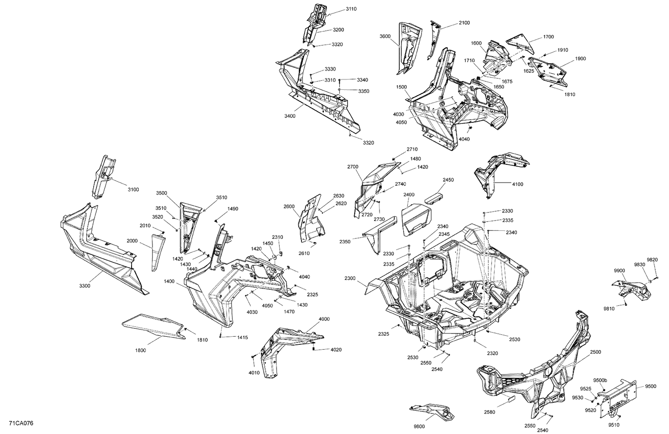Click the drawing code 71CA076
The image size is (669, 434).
(x=21, y=423)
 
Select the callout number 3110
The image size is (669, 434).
(x=351, y=9)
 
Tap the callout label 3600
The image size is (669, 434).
(x=385, y=36)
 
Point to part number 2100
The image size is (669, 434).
(x=464, y=23)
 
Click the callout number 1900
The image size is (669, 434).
(x=580, y=58)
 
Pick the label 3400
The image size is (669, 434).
(x=289, y=116)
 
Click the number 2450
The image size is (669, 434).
(x=448, y=180)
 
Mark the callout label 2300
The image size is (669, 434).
(x=350, y=278)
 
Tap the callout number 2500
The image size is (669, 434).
(x=596, y=352)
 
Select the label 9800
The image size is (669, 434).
(x=419, y=426)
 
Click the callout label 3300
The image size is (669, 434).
(x=85, y=286)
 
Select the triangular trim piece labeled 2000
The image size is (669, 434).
(x=157, y=252)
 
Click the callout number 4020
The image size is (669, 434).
(x=336, y=350)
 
